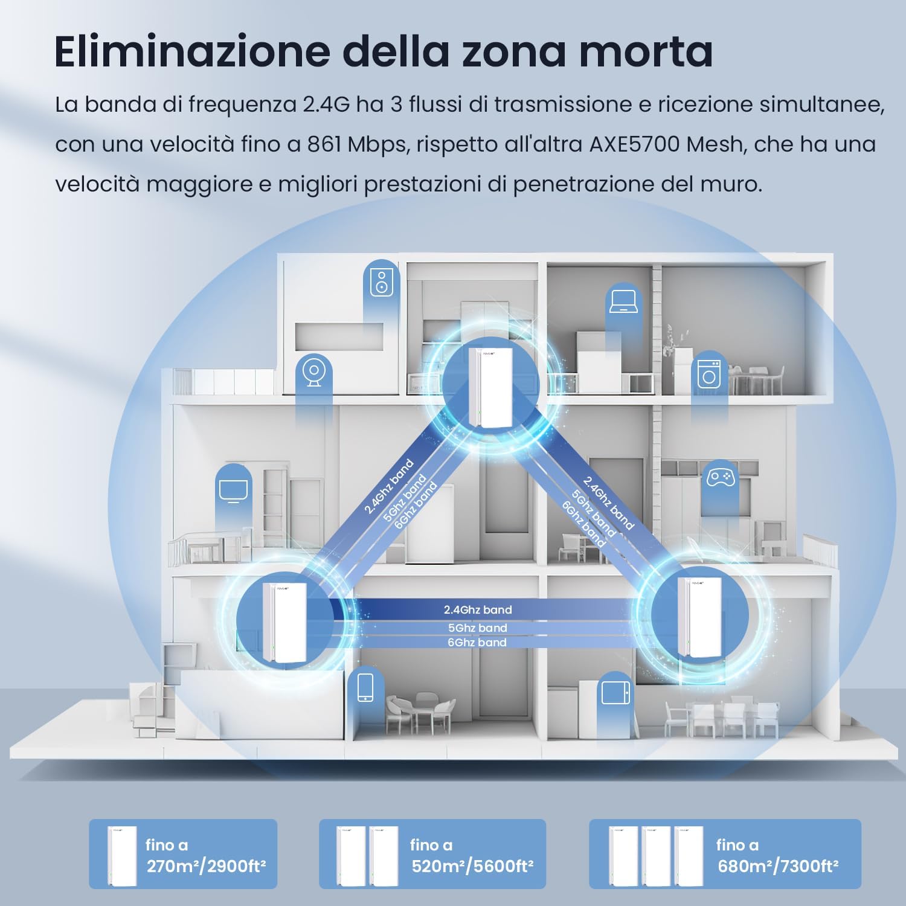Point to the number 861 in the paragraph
click(324, 144)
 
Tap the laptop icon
click(622, 301)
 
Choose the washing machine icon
click(708, 374)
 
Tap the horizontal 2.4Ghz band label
click(478, 610)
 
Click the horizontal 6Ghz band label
click(477, 642)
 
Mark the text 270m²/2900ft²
click(207, 867)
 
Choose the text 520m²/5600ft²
click(472, 867)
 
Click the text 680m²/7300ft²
click(778, 867)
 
